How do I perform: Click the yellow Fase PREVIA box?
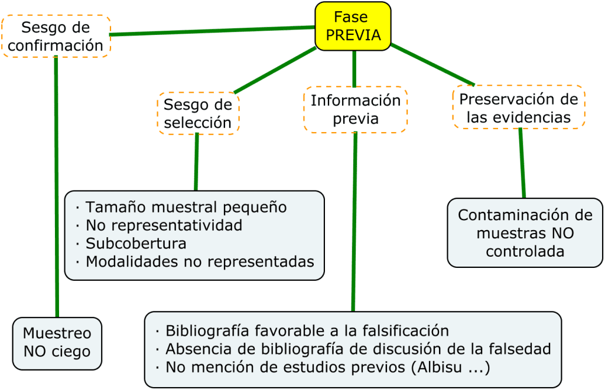point(353,26)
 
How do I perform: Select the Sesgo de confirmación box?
point(56,36)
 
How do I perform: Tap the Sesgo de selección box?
point(198,113)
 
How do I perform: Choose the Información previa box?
point(356,109)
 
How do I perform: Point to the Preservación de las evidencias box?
point(519,107)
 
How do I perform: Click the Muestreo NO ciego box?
point(57,343)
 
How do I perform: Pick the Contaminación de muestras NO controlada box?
point(525,232)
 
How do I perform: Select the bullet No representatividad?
point(164,225)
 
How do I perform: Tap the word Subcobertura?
point(136,243)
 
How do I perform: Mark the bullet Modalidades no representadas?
point(200,261)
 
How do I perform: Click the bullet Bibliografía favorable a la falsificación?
point(307,330)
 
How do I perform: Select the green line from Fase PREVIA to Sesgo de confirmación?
point(213,31)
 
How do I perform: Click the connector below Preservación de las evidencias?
point(522,163)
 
